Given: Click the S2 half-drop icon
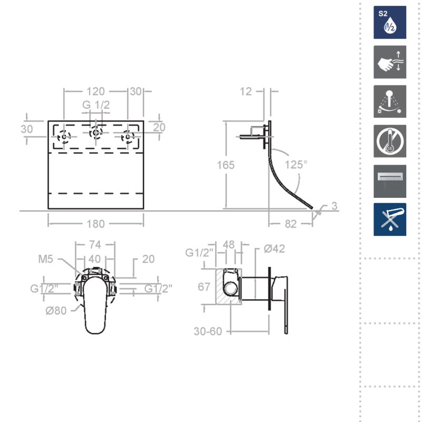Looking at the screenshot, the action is tap(390, 22).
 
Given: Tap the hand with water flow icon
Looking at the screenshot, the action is tap(390, 62).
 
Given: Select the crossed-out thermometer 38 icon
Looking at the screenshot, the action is tap(390, 141).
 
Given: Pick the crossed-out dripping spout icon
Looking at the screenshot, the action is tap(390, 219).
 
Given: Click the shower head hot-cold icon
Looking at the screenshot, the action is tap(390, 101).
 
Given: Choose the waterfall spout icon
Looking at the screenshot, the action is tap(390, 181).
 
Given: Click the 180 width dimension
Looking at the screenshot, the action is tap(95, 224).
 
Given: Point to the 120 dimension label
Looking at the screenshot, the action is tap(95, 91).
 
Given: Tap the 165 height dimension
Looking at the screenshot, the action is tap(226, 165).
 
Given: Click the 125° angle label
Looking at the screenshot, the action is tap(296, 165).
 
